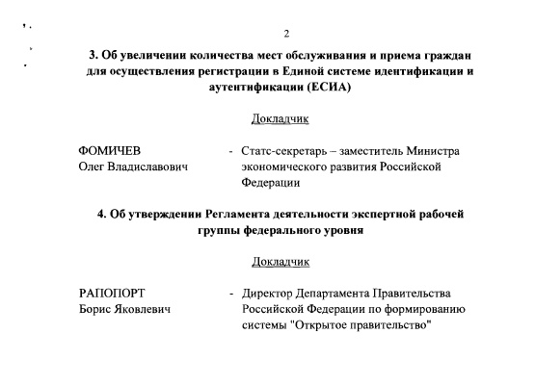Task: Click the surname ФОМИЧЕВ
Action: click(x=110, y=151)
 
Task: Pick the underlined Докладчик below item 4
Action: click(x=280, y=261)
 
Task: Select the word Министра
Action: click(x=433, y=151)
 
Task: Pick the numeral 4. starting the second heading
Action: click(x=102, y=214)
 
